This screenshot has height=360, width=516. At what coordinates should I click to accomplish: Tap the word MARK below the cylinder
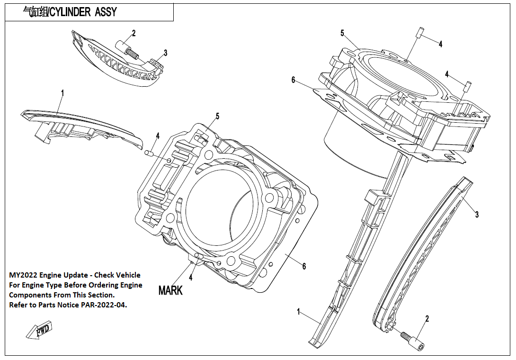pos(170,290)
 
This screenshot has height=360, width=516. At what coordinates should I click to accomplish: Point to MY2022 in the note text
pos(24,275)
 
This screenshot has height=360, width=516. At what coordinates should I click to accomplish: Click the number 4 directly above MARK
pos(191,277)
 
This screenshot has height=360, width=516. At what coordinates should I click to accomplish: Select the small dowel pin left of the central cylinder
pos(148,153)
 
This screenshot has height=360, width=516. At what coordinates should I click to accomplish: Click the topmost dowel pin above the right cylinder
pos(419,33)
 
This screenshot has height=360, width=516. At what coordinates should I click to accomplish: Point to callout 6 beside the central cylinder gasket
pos(304,267)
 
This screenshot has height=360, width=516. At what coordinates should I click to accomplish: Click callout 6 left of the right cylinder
pos(294,81)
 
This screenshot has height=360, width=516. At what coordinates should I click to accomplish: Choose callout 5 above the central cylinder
pos(218,116)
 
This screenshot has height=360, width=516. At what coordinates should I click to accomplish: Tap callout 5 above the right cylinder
pos(342,33)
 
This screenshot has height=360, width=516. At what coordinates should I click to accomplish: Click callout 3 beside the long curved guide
pos(477,215)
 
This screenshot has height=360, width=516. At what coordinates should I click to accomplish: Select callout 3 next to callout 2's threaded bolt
pos(165,53)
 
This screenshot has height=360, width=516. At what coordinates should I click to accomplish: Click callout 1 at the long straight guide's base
pos(299,312)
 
